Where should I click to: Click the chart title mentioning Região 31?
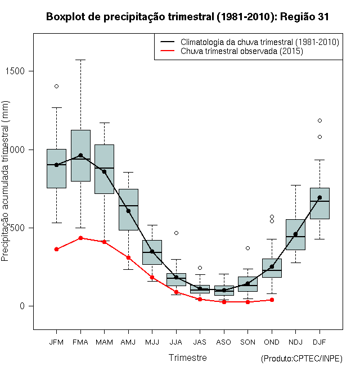187,17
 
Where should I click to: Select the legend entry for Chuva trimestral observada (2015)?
242,51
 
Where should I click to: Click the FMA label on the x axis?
80,342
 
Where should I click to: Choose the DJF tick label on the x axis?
319,342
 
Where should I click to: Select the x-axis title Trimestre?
187,358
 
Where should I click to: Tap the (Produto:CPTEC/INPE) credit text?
301,359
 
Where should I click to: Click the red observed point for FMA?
80,238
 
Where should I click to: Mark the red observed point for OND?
272,300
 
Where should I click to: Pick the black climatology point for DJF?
319,197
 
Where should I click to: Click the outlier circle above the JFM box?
56,86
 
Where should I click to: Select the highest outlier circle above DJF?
319,120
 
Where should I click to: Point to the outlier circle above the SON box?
247,248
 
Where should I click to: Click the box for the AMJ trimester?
128,209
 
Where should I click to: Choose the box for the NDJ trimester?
295,234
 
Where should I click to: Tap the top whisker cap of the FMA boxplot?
80,60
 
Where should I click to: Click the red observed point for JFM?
56,249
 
